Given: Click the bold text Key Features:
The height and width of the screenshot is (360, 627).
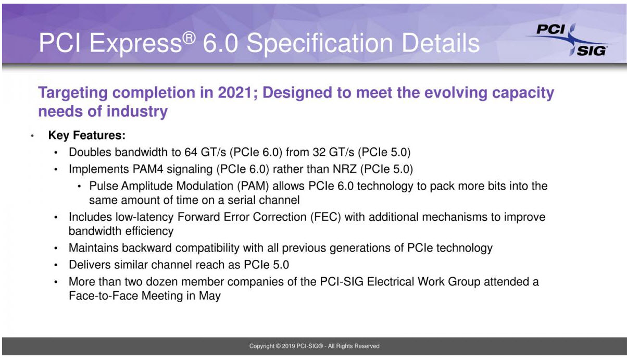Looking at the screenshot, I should tap(87, 135).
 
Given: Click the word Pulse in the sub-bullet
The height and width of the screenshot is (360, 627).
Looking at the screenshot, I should tap(104, 186).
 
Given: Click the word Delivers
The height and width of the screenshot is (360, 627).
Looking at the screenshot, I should tap(90, 264).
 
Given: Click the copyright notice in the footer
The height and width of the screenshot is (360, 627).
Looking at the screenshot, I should tap(314, 346).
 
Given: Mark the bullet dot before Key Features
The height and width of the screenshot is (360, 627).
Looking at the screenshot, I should tap(32, 136).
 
